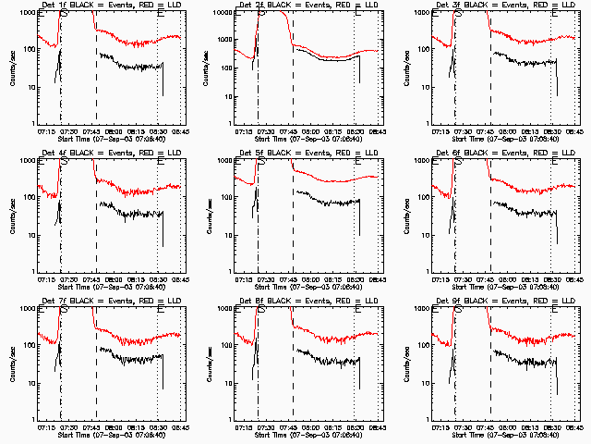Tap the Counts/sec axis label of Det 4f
(x=11, y=215)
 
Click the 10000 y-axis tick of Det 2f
(x=222, y=13)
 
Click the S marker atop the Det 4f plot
(x=63, y=160)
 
